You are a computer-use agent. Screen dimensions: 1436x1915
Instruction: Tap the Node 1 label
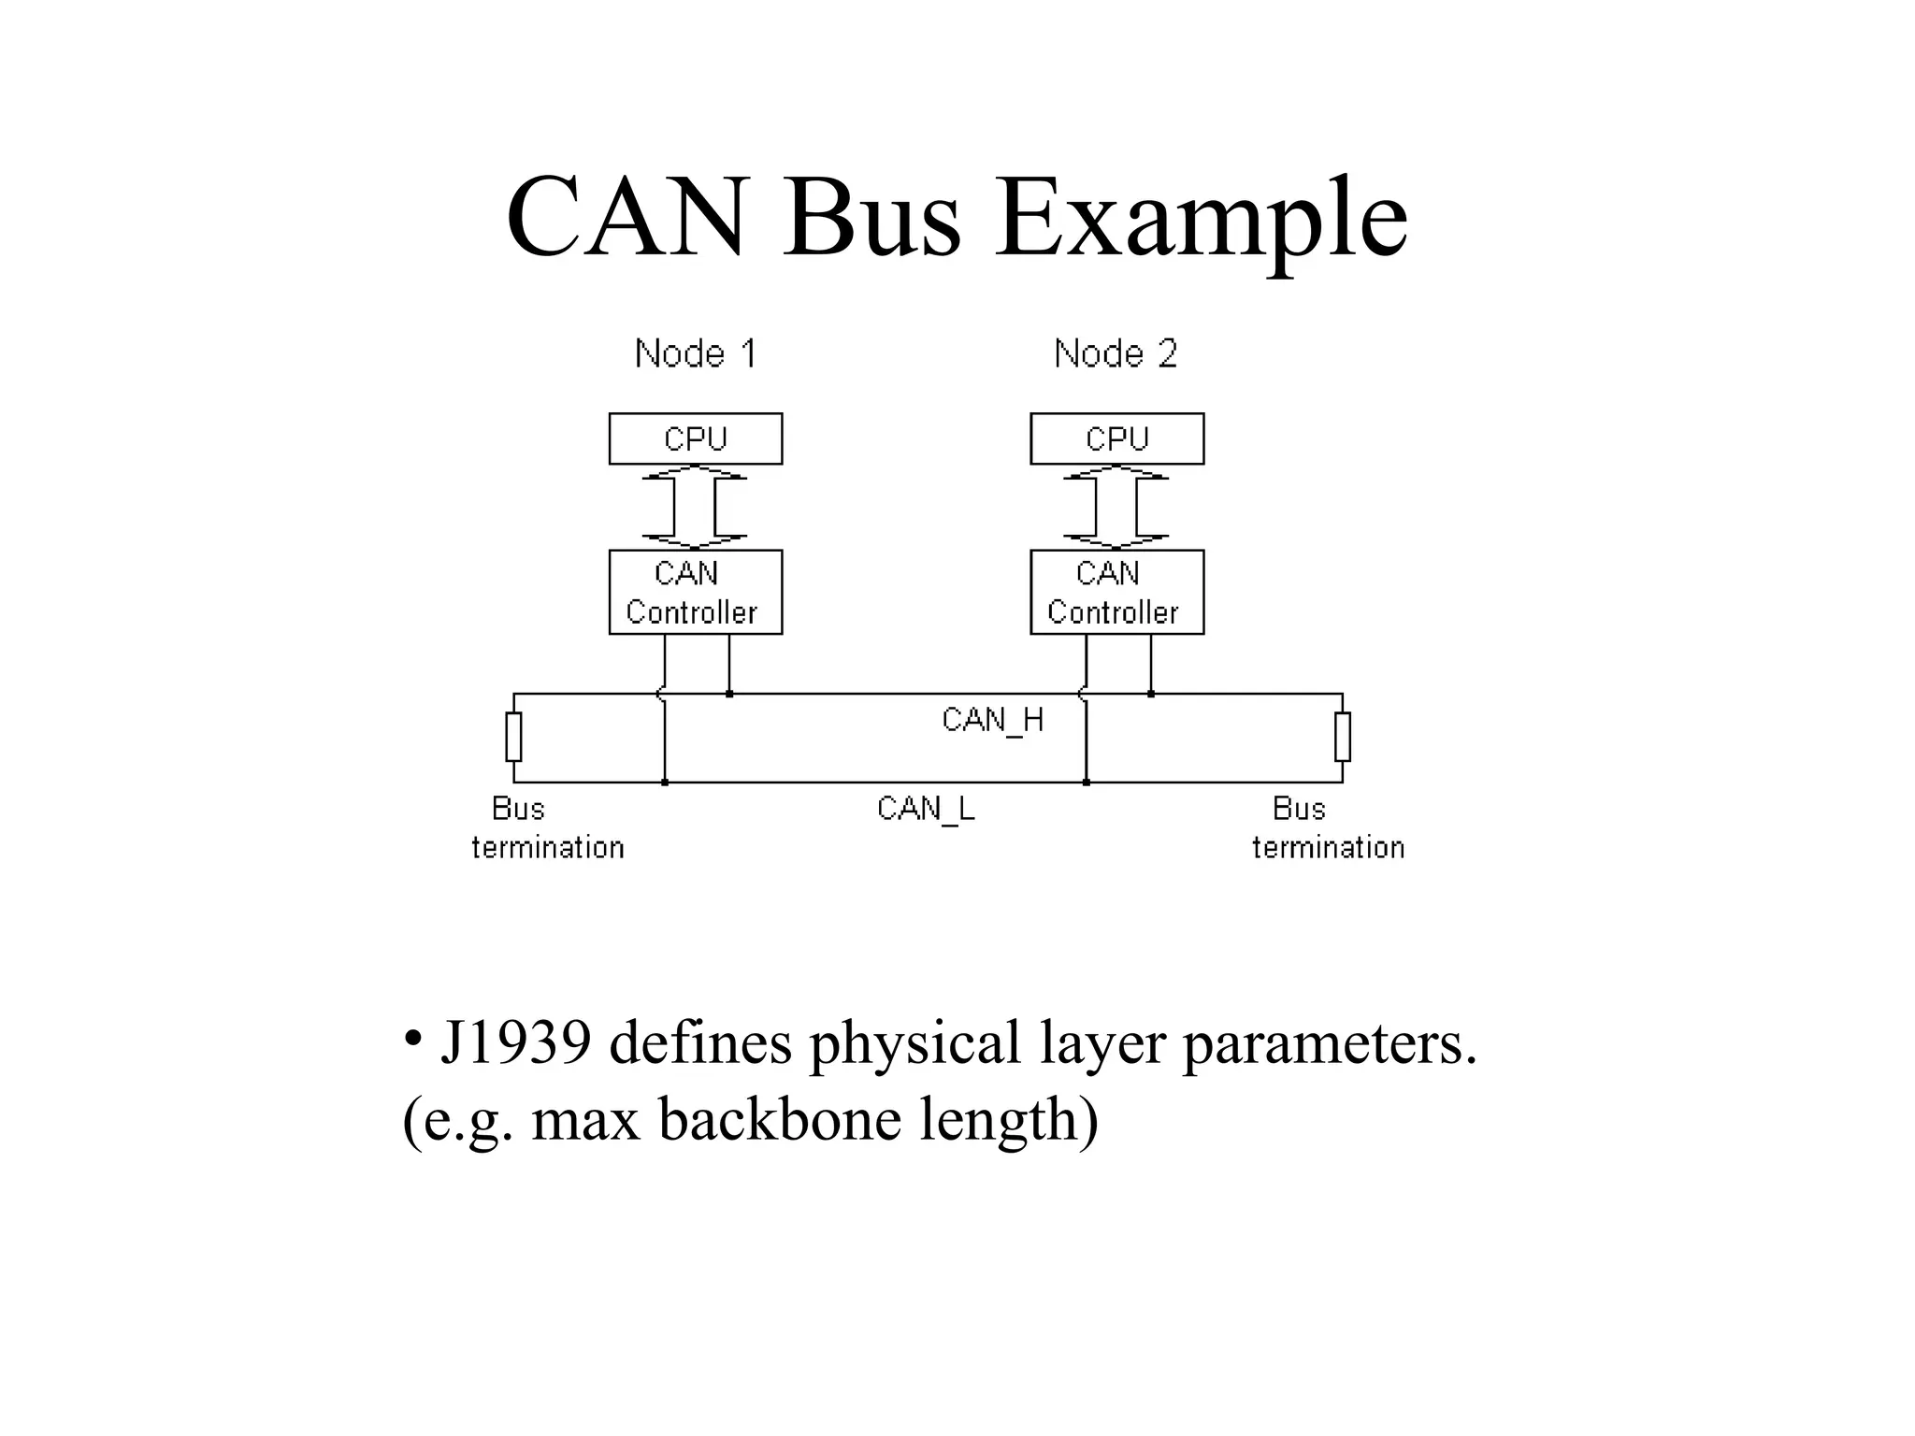coord(695,353)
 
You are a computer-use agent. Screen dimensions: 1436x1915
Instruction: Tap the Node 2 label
coord(1116,353)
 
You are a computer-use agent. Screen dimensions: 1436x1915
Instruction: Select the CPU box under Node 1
coord(696,438)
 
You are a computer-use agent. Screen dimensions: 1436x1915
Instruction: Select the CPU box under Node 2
coord(1117,438)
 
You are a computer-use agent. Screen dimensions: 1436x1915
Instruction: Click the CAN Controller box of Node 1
coord(696,592)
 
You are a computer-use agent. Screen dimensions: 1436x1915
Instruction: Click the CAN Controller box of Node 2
coord(1117,592)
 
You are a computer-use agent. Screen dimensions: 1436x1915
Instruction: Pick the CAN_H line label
coord(992,720)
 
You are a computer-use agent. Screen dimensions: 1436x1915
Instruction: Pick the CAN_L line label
coord(926,809)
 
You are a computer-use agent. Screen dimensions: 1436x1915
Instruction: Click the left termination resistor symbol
coord(513,737)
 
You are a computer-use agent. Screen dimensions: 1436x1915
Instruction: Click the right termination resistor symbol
coord(1343,737)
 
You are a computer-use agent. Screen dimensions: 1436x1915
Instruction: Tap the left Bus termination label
coord(546,828)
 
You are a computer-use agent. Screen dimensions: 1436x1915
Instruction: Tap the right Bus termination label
coord(1328,828)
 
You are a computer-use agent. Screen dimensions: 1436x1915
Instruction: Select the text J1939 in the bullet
coord(515,1042)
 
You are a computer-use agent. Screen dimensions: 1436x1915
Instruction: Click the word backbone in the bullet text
coord(780,1119)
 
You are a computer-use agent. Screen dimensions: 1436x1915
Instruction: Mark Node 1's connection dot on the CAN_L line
coord(665,783)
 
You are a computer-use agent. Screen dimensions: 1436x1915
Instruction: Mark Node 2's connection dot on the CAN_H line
coord(1151,694)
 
